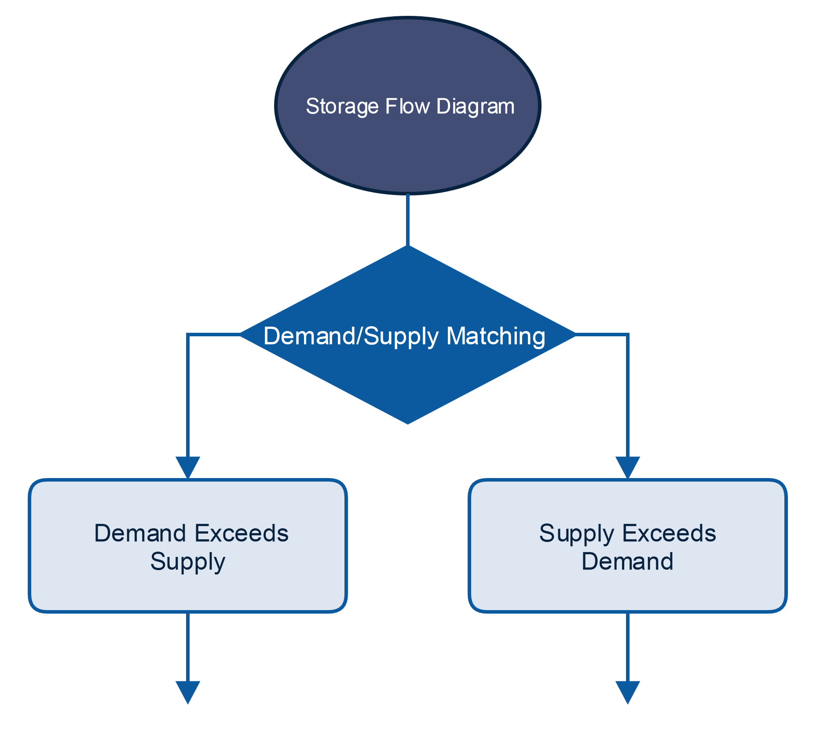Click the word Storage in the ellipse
(x=342, y=107)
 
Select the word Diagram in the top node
(x=475, y=107)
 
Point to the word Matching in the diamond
(x=496, y=336)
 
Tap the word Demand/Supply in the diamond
(x=351, y=336)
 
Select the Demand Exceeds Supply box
(x=188, y=590)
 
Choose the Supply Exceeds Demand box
(x=627, y=590)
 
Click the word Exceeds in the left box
(x=242, y=534)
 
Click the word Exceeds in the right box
(x=669, y=534)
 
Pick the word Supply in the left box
(x=188, y=562)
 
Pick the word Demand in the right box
(x=627, y=562)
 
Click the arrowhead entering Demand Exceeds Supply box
(x=188, y=467)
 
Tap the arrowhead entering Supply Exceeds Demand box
(x=627, y=467)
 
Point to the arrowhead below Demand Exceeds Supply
(x=188, y=692)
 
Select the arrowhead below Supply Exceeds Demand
(x=627, y=692)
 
